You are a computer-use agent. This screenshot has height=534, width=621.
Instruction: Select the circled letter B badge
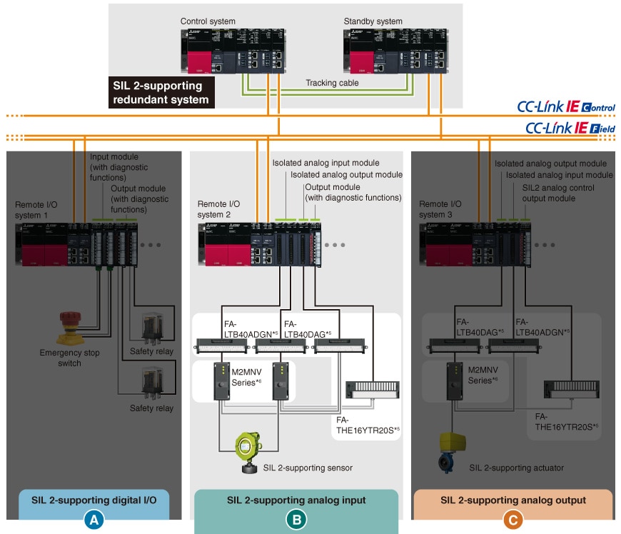pyautogui.click(x=296, y=520)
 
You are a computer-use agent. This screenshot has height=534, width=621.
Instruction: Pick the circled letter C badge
pyautogui.click(x=512, y=520)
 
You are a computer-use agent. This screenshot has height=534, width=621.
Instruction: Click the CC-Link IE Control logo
pyautogui.click(x=566, y=108)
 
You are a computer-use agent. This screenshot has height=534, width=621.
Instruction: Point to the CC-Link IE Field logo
pyautogui.click(x=569, y=128)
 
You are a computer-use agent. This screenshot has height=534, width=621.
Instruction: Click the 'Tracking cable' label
pyautogui.click(x=332, y=83)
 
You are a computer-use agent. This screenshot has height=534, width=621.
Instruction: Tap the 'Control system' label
pyautogui.click(x=208, y=22)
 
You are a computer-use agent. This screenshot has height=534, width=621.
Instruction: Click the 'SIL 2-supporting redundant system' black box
pyautogui.click(x=161, y=93)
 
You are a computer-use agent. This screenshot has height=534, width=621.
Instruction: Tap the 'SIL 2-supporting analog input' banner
pyautogui.click(x=296, y=500)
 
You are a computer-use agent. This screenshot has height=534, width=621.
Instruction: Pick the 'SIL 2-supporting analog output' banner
pyautogui.click(x=513, y=500)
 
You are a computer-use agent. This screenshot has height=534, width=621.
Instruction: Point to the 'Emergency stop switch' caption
pyautogui.click(x=70, y=358)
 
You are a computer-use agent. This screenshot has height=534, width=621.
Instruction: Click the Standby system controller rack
pyautogui.click(x=394, y=52)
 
